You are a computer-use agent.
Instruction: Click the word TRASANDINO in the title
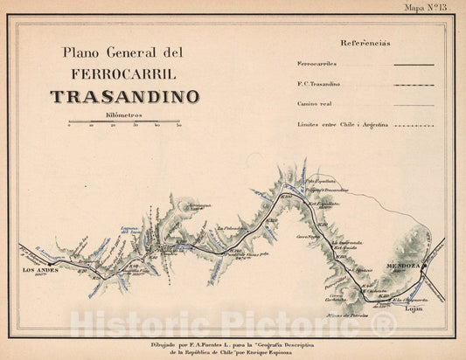[124, 97]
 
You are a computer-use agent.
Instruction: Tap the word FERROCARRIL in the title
[123, 73]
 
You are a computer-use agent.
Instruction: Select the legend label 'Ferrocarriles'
[317, 65]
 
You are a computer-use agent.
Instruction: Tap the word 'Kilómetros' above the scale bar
[124, 115]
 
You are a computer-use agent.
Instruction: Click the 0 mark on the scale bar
[69, 126]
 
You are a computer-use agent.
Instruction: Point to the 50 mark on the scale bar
[179, 126]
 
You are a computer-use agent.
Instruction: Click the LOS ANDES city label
[40, 271]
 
